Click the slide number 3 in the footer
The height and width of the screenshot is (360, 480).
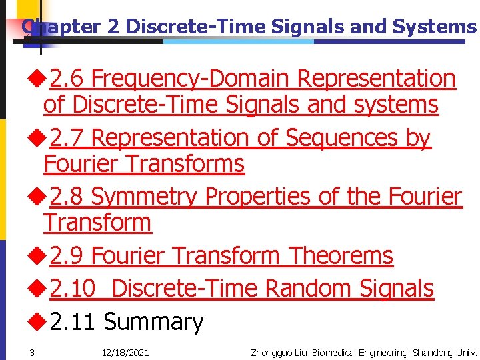pos(31,352)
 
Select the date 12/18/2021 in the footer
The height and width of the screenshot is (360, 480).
pos(125,352)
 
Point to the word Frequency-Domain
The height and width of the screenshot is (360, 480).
pos(191,79)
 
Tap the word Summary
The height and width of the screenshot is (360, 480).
pos(153,322)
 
